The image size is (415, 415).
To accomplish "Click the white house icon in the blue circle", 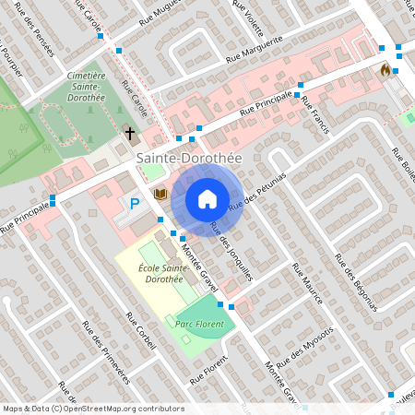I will pyautogui.click(x=207, y=198).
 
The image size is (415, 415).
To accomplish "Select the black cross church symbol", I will pyautogui.click(x=130, y=135).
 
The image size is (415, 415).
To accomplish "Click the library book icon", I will pyautogui.click(x=160, y=194).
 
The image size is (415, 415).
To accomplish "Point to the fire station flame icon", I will pyautogui.click(x=385, y=70).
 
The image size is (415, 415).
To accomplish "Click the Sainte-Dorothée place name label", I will pyautogui.click(x=189, y=159).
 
